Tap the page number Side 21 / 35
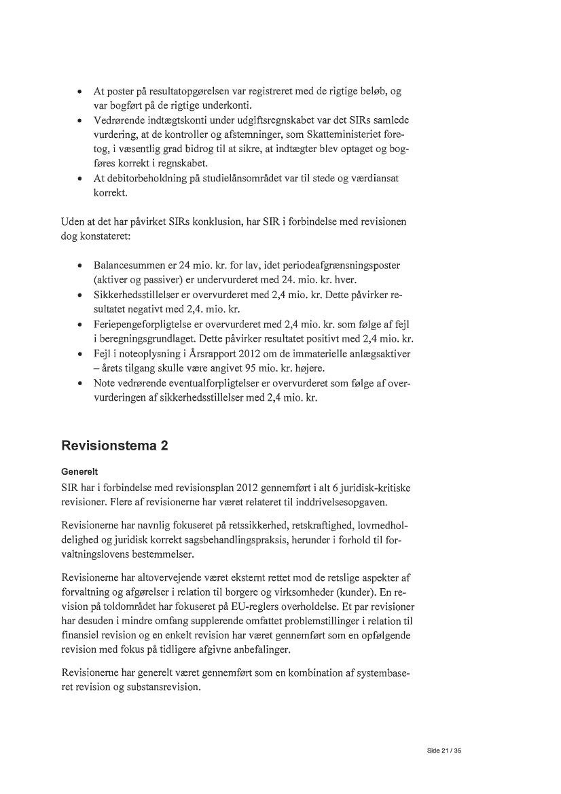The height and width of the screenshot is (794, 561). click(444, 751)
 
